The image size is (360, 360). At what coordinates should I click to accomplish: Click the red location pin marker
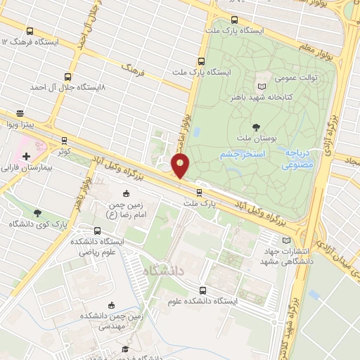(x=181, y=166)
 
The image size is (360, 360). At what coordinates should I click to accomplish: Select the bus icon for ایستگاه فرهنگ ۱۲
(x=30, y=32)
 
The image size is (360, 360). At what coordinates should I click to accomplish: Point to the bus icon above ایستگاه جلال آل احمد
(x=67, y=77)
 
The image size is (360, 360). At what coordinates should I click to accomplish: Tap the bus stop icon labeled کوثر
(x=65, y=141)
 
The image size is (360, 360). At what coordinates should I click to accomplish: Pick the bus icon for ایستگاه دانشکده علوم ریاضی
(x=97, y=231)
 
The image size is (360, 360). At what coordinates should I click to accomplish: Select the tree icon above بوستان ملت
(x=255, y=127)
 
